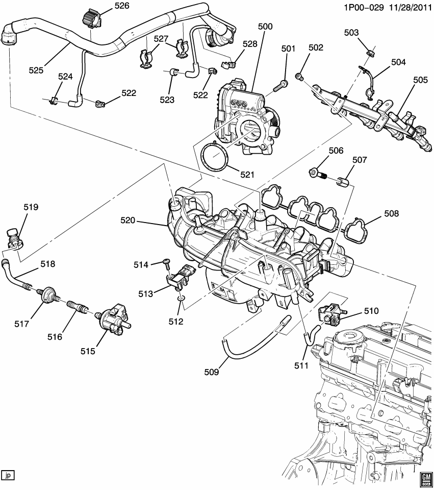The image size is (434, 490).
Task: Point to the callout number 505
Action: click(x=421, y=80)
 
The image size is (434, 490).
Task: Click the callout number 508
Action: click(x=392, y=214)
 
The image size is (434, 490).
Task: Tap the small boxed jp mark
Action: click(x=8, y=476)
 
